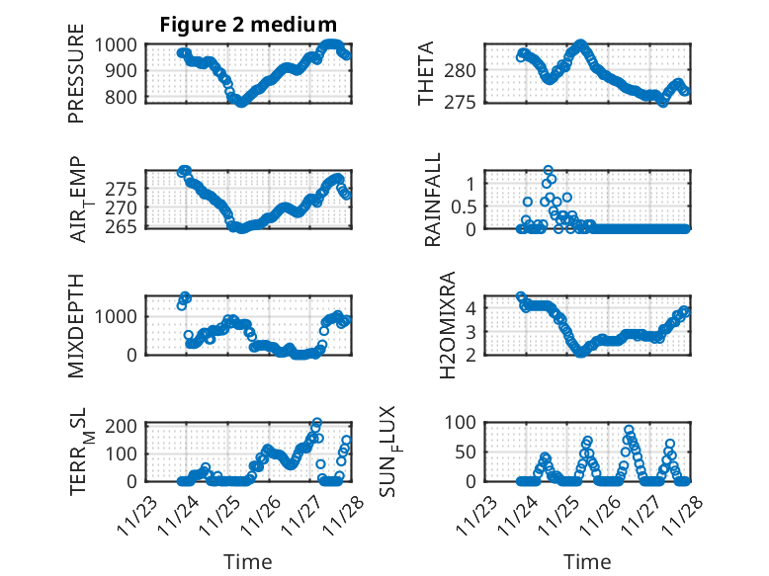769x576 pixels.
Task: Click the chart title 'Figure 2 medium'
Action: (248, 25)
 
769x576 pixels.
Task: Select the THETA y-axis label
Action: (426, 73)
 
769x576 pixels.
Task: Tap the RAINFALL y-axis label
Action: (432, 200)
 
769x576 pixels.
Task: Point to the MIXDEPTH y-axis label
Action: (76, 325)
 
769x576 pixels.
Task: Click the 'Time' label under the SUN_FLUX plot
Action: (587, 562)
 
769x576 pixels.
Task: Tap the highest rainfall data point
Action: (548, 170)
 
